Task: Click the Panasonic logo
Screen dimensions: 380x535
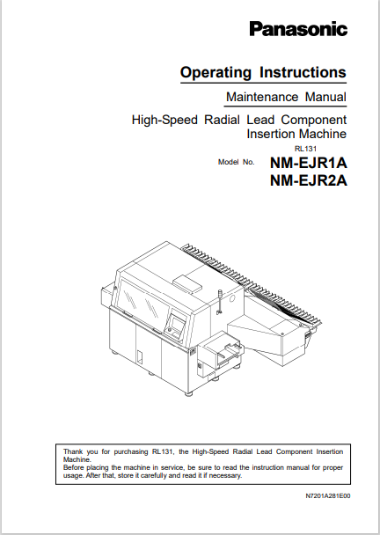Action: (x=298, y=29)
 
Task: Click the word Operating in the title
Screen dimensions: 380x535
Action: (x=216, y=73)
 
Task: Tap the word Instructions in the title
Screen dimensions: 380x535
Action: (x=303, y=72)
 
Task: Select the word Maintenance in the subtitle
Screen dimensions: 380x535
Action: (x=262, y=97)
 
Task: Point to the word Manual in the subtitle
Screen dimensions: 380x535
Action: (x=325, y=97)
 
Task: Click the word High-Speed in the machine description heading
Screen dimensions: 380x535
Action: (x=164, y=120)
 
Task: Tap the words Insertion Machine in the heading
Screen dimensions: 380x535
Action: (x=296, y=134)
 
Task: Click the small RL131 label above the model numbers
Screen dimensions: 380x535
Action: (x=305, y=149)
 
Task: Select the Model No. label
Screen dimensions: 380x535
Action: (x=237, y=162)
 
